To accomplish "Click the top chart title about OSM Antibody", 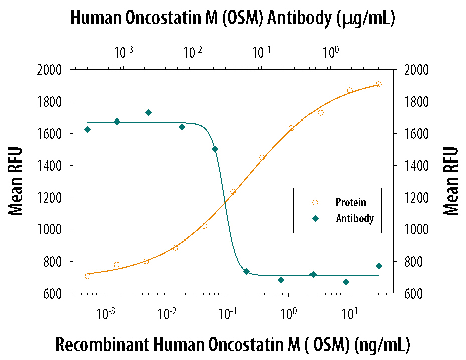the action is tap(233, 18).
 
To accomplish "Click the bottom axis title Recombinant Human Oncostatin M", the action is tap(233, 345).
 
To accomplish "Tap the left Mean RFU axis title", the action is tap(15, 181).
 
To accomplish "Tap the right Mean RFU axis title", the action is tap(451, 181).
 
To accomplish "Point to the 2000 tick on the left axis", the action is tap(49, 70).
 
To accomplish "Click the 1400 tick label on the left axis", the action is tap(49, 166).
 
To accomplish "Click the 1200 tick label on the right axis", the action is tap(416, 197).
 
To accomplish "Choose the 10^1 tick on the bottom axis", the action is tap(349, 313).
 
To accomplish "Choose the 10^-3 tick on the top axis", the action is tap(123, 52).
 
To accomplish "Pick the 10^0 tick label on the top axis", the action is tap(331, 52).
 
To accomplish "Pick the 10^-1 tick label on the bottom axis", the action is tap(228, 313).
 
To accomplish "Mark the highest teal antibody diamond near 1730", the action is tap(149, 113).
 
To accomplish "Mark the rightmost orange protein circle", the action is tap(378, 84).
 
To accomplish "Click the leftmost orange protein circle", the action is tap(87, 276).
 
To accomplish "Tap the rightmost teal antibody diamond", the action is tap(378, 266).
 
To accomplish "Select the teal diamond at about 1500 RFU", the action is tap(215, 149).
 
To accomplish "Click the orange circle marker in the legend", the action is tap(315, 203).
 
